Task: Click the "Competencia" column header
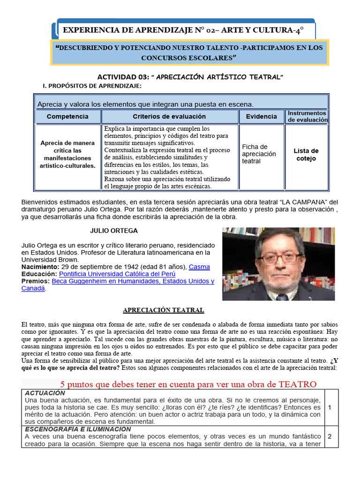[x=67, y=116]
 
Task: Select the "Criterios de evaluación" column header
[x=169, y=116]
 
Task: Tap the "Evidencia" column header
[x=261, y=116]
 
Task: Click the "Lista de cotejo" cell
[x=306, y=155]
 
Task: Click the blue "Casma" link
[x=199, y=267]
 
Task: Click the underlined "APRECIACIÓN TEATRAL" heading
[x=163, y=310]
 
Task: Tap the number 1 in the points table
[x=330, y=407]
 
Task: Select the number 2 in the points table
[x=330, y=436]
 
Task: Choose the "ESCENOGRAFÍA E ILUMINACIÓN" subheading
[x=78, y=429]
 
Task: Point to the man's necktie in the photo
[x=282, y=296]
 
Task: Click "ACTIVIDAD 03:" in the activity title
[x=123, y=77]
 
